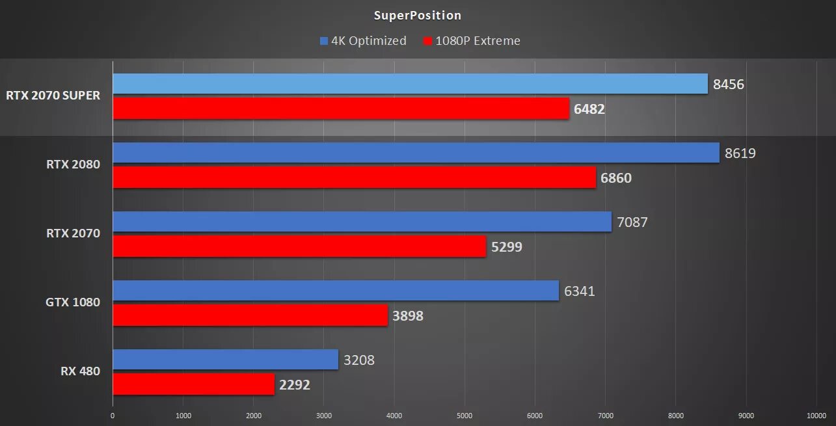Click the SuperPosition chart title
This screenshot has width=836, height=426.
point(418,16)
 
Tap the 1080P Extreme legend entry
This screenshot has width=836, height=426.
point(472,41)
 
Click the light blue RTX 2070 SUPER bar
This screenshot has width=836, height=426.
point(410,84)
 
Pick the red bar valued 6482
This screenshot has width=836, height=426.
point(341,109)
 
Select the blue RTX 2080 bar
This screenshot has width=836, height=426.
point(416,153)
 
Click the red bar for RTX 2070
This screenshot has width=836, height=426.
point(299,246)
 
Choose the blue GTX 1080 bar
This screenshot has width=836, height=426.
point(336,291)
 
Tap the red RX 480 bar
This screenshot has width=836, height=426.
point(193,384)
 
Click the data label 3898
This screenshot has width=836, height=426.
point(408,316)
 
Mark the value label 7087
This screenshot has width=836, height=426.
point(632,222)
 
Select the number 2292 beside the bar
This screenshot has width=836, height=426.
point(295,385)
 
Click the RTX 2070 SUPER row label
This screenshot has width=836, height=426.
point(53,96)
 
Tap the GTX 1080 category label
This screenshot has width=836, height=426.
point(73,302)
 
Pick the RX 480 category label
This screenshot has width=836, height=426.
point(81,371)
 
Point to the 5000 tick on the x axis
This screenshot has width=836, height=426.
point(465,416)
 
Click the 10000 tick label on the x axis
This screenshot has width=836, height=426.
point(816,416)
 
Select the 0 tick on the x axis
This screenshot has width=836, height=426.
point(113,416)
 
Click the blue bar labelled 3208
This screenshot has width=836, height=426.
point(225,360)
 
